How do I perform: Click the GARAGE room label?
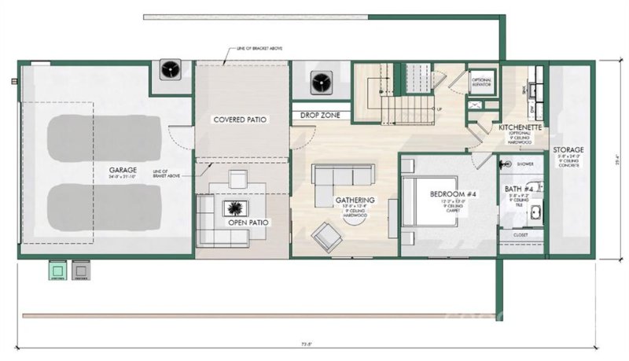(x=124, y=169)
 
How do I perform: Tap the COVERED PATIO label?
(x=240, y=120)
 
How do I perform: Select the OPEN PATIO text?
(x=248, y=223)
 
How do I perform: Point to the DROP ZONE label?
(x=319, y=116)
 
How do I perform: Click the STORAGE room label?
(x=567, y=149)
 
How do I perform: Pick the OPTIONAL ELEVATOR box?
(x=481, y=81)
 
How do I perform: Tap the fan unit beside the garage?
(x=171, y=71)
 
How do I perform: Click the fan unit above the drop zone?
(x=321, y=82)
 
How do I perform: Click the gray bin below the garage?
(x=79, y=270)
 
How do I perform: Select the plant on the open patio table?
(x=234, y=208)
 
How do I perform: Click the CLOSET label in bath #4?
(x=520, y=234)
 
